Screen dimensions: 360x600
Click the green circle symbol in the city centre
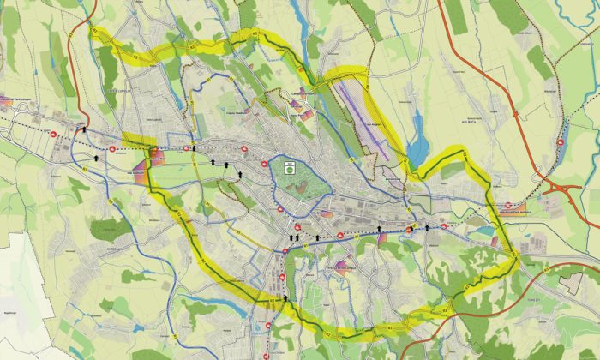tap(290, 169)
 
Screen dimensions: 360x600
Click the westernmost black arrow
tap(84, 131)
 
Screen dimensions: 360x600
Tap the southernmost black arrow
tap(286, 296)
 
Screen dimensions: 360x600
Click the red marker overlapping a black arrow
tap(410, 230)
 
